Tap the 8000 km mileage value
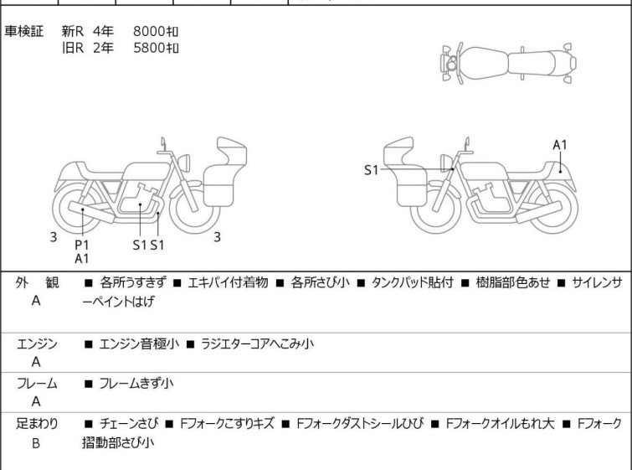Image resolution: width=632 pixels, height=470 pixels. coord(157,32)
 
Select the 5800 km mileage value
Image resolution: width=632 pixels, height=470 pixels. coord(157,48)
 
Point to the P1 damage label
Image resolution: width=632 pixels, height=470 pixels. coord(81,244)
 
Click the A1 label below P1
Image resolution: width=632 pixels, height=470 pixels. coord(81,259)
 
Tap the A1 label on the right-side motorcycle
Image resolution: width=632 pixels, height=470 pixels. coord(560,145)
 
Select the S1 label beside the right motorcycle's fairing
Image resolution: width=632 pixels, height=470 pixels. coord(372,170)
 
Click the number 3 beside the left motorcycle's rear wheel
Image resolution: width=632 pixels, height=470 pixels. coord(54,237)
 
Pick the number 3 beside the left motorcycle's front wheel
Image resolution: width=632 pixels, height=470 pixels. coord(217,237)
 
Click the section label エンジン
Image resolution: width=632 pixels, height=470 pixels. coord(37,343)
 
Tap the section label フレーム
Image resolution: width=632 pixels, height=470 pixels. coord(37,384)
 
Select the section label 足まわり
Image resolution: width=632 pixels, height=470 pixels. coord(37,423)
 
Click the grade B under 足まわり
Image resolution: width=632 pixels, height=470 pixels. coord(36,442)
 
